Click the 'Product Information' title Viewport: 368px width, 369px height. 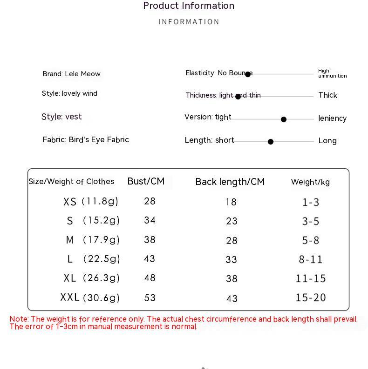point(189,6)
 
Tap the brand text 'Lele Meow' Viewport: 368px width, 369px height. point(82,74)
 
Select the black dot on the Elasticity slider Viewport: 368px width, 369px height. point(248,74)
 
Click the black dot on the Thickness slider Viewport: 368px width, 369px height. point(238,97)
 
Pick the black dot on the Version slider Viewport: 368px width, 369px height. point(284,119)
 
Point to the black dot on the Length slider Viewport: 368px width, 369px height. point(271,142)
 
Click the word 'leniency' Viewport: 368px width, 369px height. point(332,119)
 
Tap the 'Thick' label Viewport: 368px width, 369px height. point(327,95)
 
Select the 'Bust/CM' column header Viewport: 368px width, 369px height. point(146,181)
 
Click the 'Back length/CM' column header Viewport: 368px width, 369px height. point(230,182)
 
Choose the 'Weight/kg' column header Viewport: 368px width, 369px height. point(310,182)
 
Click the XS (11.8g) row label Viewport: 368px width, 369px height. point(91,202)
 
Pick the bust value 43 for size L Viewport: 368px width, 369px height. point(150,259)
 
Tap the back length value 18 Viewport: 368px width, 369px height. point(231,202)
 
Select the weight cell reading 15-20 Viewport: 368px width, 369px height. point(311,297)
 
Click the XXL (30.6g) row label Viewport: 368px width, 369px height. point(90,297)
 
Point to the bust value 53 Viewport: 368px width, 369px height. point(150,297)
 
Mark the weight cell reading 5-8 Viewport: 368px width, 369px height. point(311,240)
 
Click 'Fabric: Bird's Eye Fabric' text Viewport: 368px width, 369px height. point(86,140)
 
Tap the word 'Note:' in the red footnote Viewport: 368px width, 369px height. point(19,319)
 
